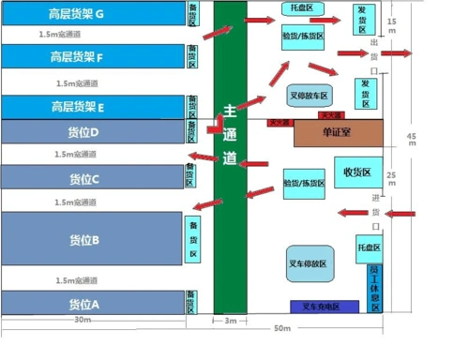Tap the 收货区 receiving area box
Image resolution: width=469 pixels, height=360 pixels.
[x=358, y=172]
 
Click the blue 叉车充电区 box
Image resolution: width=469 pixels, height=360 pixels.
[x=325, y=307]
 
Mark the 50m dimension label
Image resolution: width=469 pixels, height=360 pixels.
[x=282, y=329]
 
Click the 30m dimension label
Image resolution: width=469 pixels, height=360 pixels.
[x=83, y=321]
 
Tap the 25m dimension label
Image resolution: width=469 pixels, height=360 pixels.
[x=391, y=175]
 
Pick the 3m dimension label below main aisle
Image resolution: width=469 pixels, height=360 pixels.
[x=231, y=322]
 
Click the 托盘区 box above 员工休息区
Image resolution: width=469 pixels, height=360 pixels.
[x=369, y=248]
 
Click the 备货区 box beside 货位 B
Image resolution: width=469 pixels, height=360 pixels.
[x=193, y=241]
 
